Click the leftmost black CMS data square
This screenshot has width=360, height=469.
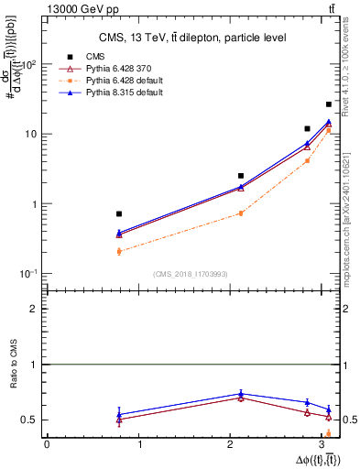[119, 213]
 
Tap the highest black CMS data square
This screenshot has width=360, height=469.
[329, 104]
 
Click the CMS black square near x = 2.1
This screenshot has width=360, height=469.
[241, 175]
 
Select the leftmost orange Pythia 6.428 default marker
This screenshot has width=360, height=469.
[119, 251]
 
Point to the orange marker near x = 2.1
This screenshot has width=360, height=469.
[241, 213]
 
